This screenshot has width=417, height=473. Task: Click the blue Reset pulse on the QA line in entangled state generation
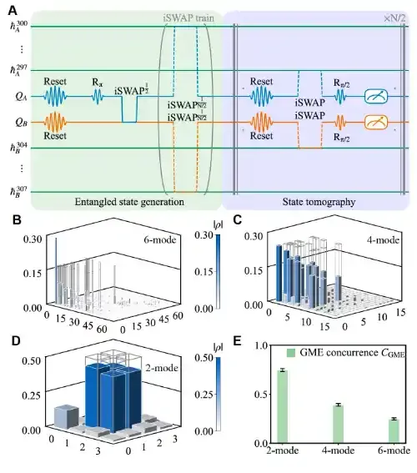click(55, 97)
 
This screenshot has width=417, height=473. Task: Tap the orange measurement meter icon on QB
click(376, 123)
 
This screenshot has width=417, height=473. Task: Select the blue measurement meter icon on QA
click(376, 97)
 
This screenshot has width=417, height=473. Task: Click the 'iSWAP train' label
click(188, 18)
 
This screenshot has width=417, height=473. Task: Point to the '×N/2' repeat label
click(394, 18)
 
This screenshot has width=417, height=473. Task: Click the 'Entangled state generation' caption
click(129, 202)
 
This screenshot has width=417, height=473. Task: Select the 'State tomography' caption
click(319, 202)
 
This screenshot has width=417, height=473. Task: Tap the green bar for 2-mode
click(282, 406)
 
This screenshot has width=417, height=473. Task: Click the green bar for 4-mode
click(338, 424)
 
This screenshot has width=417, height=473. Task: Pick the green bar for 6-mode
click(394, 431)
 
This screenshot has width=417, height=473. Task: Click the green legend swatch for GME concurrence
click(291, 353)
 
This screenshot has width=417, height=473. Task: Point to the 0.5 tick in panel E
click(261, 395)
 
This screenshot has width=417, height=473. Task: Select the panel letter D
click(16, 340)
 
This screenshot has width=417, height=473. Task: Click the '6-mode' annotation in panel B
click(160, 240)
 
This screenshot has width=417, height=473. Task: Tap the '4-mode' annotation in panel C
click(383, 240)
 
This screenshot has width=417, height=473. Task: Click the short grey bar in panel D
click(67, 416)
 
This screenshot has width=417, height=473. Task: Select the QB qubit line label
click(21, 123)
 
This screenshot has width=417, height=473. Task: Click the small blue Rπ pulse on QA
click(98, 97)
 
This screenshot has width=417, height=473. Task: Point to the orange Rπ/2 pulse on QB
click(341, 123)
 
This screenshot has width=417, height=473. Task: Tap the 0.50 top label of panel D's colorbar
click(204, 358)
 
